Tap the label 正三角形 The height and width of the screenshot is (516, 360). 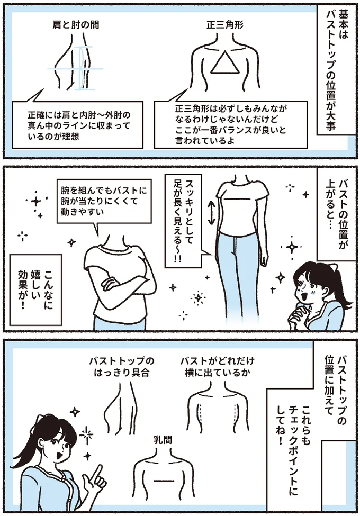point(224,25)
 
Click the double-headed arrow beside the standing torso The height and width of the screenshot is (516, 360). point(210,212)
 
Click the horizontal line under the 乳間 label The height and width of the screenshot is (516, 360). point(160,480)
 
